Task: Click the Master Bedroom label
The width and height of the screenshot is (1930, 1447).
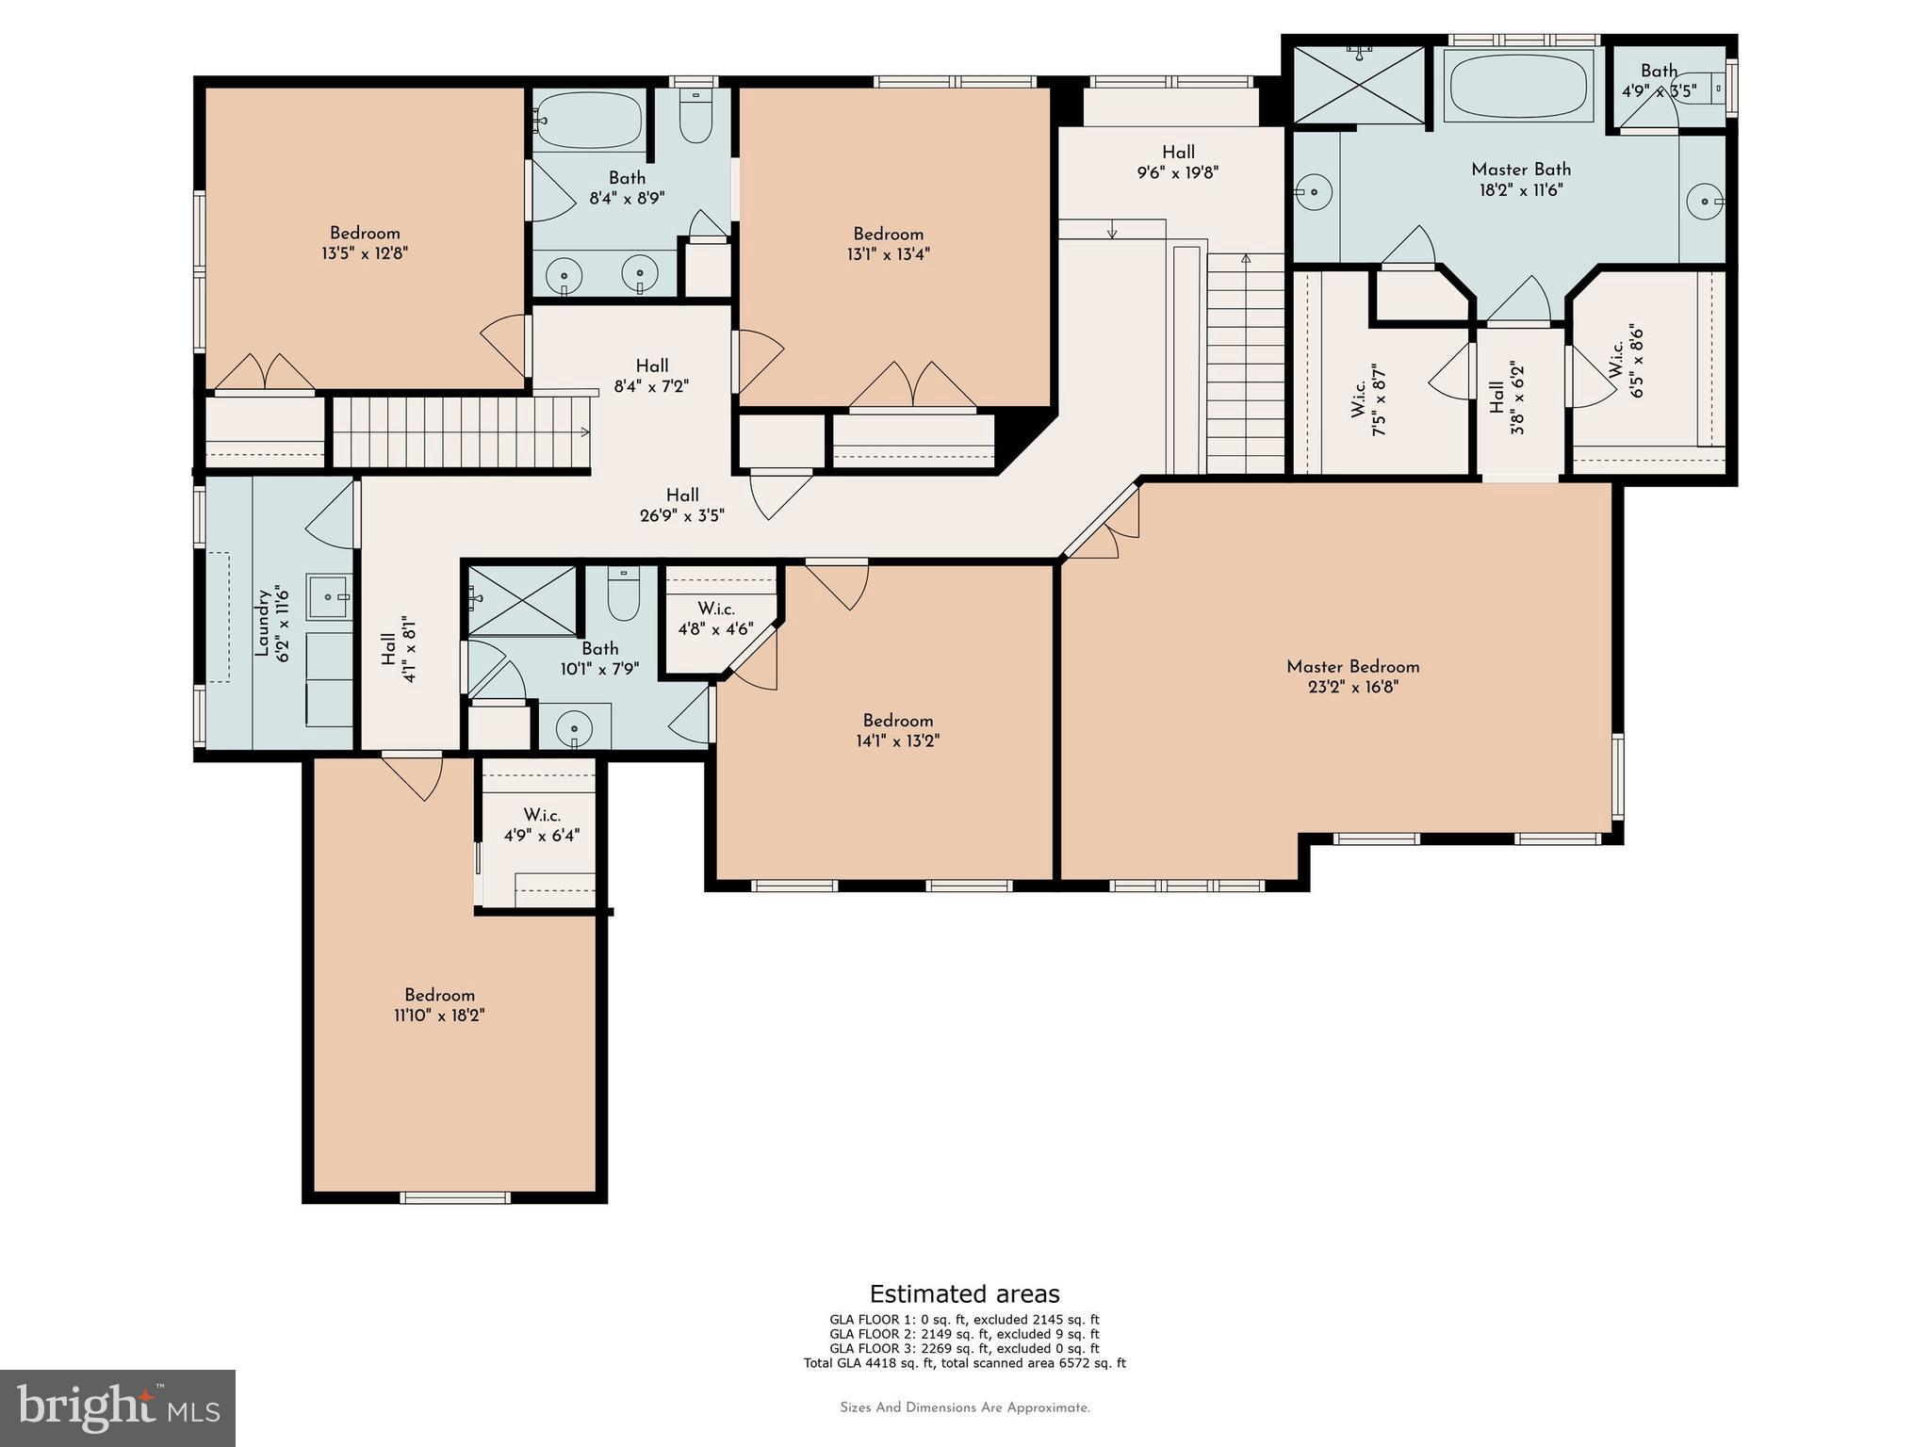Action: pos(1352,667)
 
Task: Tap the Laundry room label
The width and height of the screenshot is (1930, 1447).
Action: pos(262,622)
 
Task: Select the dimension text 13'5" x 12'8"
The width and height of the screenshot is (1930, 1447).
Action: pos(365,253)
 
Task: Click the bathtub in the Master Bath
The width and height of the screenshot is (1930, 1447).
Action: pos(1519,85)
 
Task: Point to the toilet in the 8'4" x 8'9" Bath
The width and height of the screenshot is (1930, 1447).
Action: pos(695,118)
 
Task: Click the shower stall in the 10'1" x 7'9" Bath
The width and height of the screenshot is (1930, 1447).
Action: pos(522,600)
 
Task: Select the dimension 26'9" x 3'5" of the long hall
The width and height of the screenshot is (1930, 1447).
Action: pos(681,515)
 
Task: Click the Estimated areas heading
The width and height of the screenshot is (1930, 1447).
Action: pos(964,1293)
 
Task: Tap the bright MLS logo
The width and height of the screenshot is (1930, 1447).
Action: pos(118,1407)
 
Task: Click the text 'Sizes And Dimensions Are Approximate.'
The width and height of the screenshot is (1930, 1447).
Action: pos(964,1407)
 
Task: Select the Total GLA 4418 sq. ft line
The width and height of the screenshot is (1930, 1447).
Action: pos(964,1363)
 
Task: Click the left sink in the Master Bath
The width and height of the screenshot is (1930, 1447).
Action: pos(1313,193)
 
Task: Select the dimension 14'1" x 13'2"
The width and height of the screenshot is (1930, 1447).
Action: pos(897,741)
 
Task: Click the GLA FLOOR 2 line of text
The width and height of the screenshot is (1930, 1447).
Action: pos(964,1334)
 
